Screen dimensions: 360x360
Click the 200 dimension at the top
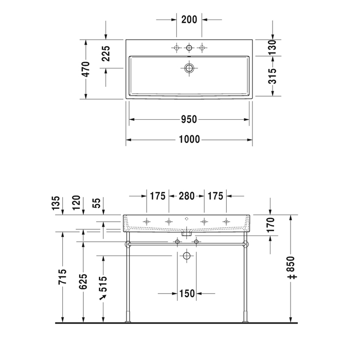(x=189, y=20)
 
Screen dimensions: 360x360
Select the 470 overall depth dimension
(x=86, y=69)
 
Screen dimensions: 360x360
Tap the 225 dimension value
(x=106, y=53)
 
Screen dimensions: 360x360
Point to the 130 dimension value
(x=273, y=47)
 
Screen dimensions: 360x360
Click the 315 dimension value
(x=273, y=76)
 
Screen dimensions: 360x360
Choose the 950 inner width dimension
(x=189, y=119)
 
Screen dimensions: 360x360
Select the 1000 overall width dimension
(x=189, y=139)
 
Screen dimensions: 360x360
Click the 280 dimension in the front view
(x=187, y=196)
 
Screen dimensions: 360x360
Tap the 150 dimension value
(x=187, y=294)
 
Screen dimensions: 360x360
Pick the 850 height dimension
(x=291, y=267)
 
